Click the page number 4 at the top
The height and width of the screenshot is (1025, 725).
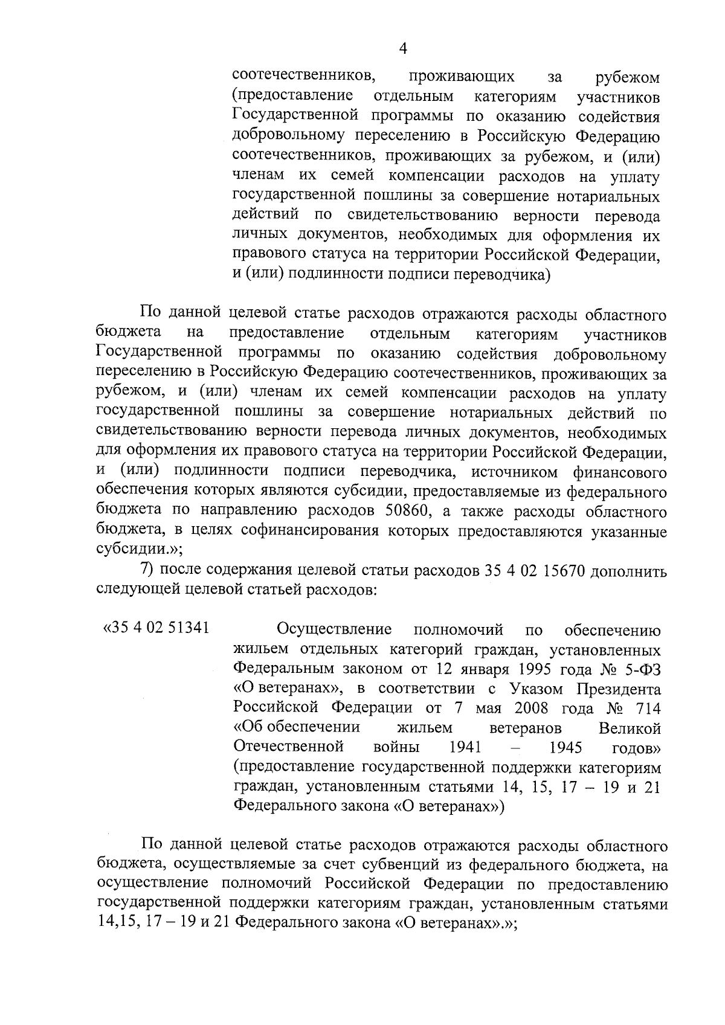coord(403,49)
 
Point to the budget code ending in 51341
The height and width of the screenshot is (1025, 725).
coord(157,628)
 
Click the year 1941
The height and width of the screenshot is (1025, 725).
coord(465,747)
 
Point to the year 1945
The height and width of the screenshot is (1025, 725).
coord(566,747)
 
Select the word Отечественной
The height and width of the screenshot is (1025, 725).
coord(288,747)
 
